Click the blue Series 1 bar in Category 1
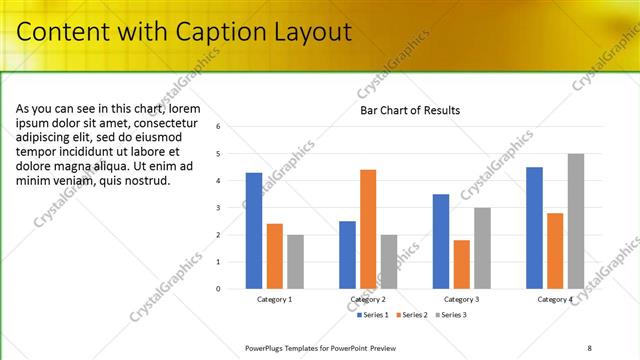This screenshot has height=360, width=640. (254, 231)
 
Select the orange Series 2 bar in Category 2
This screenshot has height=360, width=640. (368, 229)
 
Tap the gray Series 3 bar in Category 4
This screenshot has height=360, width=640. (576, 221)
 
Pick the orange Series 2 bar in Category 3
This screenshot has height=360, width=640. (461, 264)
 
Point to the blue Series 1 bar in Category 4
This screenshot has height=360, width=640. (534, 228)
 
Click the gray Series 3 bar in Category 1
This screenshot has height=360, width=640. (296, 262)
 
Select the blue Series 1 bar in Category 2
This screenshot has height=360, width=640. (347, 255)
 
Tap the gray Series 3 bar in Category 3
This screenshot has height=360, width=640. (482, 248)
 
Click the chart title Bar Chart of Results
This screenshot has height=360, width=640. (410, 110)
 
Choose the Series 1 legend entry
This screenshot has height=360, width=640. (374, 315)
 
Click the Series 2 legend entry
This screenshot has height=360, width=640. (412, 315)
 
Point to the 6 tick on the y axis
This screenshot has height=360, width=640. (232, 127)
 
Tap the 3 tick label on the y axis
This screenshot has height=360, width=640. (232, 208)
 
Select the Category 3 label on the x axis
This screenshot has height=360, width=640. (461, 299)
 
